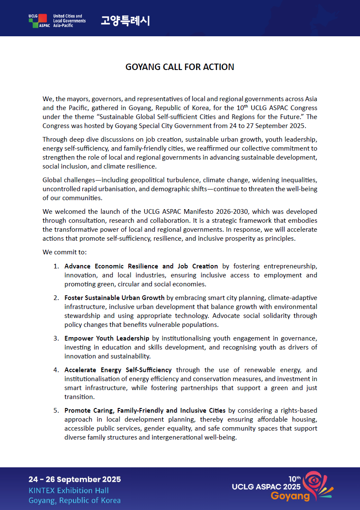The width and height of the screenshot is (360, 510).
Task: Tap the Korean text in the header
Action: point(125,20)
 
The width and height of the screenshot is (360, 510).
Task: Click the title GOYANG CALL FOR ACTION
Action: point(180,67)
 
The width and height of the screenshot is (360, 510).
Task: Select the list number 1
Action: point(56,266)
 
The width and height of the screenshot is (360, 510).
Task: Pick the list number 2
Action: point(56,297)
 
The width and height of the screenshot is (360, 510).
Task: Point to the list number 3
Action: point(56,338)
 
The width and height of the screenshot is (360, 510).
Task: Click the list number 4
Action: point(56,370)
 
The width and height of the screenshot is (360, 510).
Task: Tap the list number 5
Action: point(56,411)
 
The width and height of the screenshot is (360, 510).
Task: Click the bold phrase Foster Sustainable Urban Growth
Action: point(114,297)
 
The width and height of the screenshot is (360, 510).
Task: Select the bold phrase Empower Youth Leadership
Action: point(107,338)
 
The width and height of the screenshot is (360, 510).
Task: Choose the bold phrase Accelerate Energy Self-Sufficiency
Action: point(118,370)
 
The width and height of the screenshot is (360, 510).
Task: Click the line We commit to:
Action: point(64,252)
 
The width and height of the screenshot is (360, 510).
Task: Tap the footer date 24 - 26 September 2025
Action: point(75,479)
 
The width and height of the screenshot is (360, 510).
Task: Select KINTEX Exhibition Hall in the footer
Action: point(69,490)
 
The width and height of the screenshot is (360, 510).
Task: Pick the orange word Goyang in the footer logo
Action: point(290,496)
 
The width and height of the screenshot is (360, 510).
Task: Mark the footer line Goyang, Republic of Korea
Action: point(75,501)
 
